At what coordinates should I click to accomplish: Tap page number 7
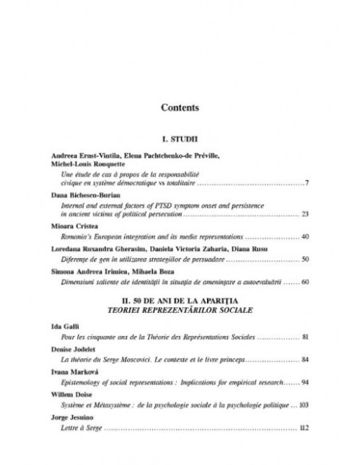point(307,183)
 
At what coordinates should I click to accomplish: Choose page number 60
point(305,282)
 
